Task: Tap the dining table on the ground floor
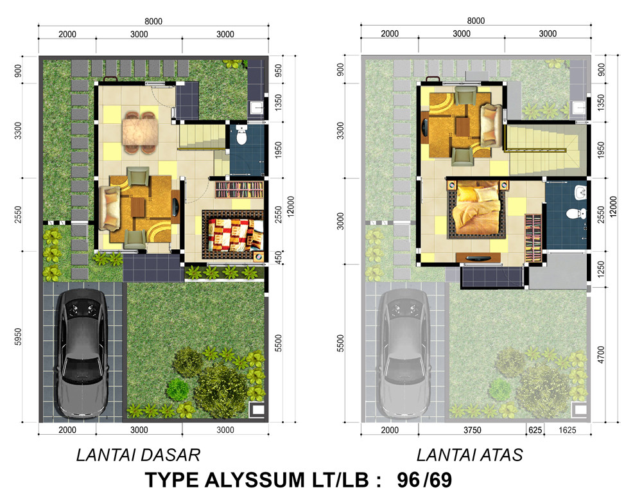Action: point(140,132)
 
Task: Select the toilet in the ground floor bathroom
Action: point(241,136)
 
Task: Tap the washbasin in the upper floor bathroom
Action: point(580,192)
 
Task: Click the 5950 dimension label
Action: point(18,337)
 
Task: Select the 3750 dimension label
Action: point(472,430)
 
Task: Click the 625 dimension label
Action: point(535,430)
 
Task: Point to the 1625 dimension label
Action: point(567,430)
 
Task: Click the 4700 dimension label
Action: point(601,354)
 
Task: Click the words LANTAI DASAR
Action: point(139,455)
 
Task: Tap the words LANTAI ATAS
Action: point(470,455)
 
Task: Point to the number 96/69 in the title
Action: point(424,480)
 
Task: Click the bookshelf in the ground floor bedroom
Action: point(239,190)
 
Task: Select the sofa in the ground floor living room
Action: point(109,207)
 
